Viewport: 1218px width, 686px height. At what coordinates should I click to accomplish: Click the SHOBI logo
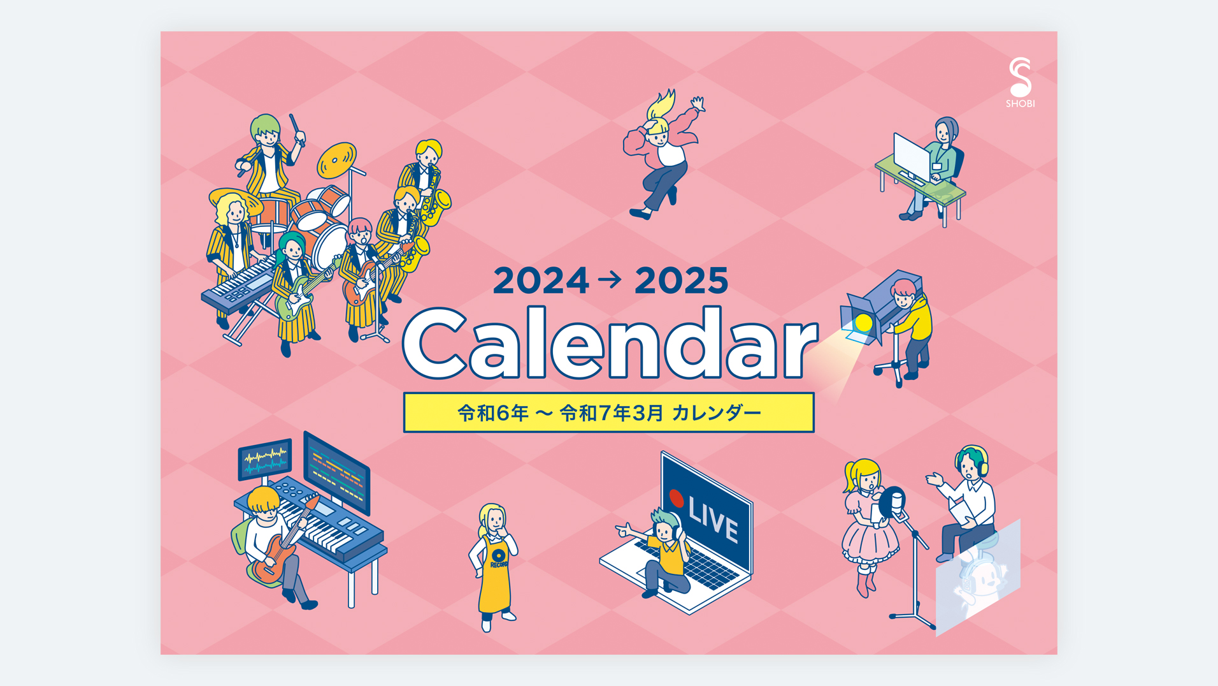[1020, 82]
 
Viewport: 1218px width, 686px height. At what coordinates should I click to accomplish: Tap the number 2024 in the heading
[541, 281]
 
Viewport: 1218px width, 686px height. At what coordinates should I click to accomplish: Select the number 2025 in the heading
[681, 281]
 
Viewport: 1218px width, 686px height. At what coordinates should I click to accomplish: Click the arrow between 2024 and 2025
[610, 279]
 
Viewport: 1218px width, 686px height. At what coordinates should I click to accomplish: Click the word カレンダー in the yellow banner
[717, 413]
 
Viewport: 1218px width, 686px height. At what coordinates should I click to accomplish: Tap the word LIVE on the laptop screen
[713, 520]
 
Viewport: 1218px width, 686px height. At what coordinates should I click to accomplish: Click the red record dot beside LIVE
[677, 498]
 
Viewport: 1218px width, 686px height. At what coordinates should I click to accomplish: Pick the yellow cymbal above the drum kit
[337, 160]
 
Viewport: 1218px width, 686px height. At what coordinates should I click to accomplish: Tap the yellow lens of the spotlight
[863, 323]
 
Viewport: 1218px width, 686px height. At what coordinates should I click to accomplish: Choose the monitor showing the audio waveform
[265, 458]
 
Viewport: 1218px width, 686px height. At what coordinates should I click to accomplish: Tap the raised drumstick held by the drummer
[296, 130]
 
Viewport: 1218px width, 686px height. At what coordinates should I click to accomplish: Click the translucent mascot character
[978, 581]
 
